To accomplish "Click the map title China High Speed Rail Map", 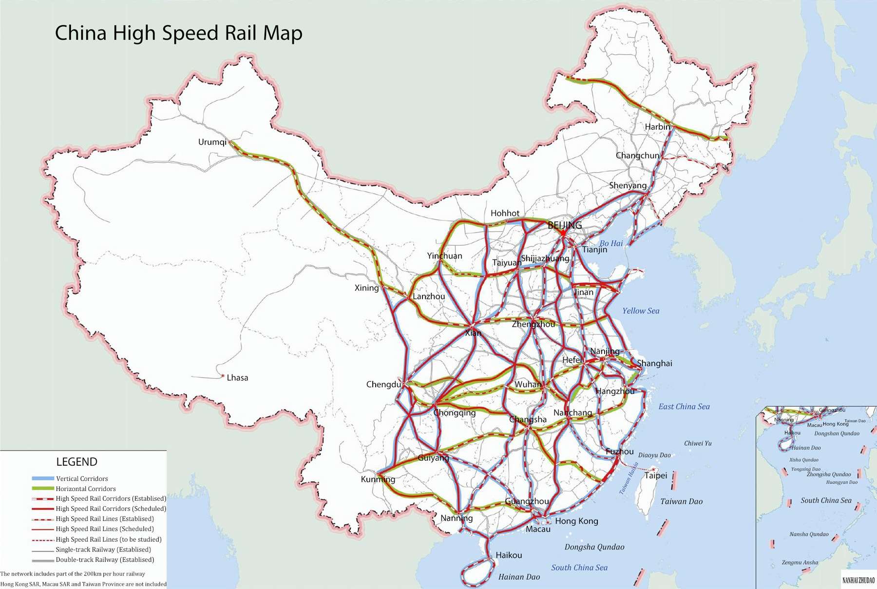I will [x=178, y=33].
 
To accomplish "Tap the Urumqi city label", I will [x=212, y=142].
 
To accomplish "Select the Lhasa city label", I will [x=237, y=377].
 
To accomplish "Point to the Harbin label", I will [x=657, y=127].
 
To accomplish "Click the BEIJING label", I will [x=565, y=225].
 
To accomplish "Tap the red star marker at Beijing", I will [x=563, y=234].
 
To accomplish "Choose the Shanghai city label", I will [x=654, y=363].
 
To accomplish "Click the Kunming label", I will [x=378, y=479].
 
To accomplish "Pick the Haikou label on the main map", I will [x=509, y=555].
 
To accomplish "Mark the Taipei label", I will [x=656, y=475].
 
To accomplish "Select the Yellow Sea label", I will [x=641, y=311].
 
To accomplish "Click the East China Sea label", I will [x=684, y=407].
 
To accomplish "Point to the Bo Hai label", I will [x=611, y=243].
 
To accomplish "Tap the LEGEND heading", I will [x=77, y=462].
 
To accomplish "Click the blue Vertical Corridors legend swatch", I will [x=43, y=479].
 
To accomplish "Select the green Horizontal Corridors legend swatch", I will [x=43, y=489].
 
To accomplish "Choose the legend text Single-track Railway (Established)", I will [x=103, y=550].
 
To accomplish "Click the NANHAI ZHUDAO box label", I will [x=858, y=580].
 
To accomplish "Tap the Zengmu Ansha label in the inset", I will [x=800, y=562].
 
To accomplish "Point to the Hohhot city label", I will [x=505, y=213].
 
